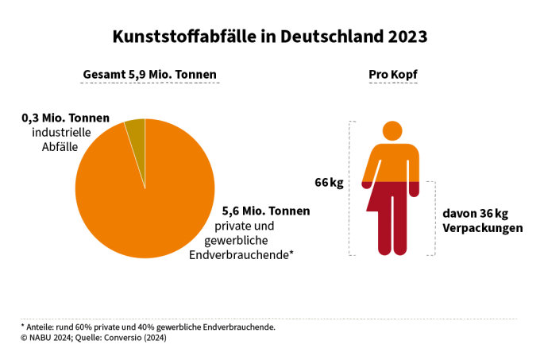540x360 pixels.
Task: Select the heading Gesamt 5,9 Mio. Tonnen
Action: pos(150,75)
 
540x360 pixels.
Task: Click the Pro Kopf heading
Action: pos(393,75)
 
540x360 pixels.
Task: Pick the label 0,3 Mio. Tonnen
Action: pos(66,118)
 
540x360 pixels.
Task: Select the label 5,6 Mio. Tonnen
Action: pos(266,211)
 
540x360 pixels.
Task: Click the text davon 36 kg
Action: pos(474,214)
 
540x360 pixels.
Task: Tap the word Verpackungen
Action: pos(481,228)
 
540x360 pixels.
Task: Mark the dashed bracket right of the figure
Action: pos(434,218)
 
